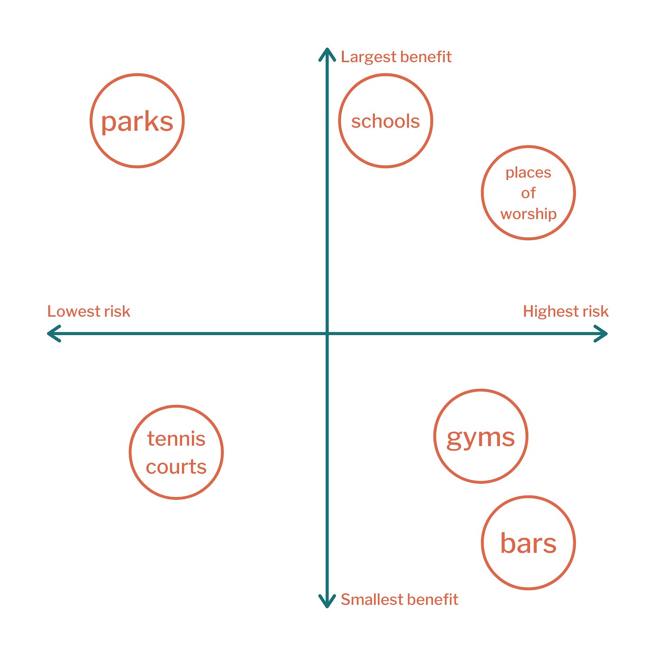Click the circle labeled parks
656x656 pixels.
coord(91,121)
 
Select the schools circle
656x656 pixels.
coord(339,121)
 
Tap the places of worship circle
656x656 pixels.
coord(482,193)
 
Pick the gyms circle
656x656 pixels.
coord(434,436)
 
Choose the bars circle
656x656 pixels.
coord(482,542)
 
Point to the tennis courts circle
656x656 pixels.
coord(130,452)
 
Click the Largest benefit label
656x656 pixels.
coord(396,57)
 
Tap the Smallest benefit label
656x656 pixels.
coord(399,600)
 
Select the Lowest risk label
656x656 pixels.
coord(89,311)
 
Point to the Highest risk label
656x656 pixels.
coord(565,311)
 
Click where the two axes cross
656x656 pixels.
coord(327,333)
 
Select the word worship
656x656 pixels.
coord(528,214)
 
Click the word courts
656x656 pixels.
coord(176,467)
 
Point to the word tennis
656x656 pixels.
coord(176,439)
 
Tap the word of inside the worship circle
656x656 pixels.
coord(528,193)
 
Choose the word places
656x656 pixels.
coord(528,173)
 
